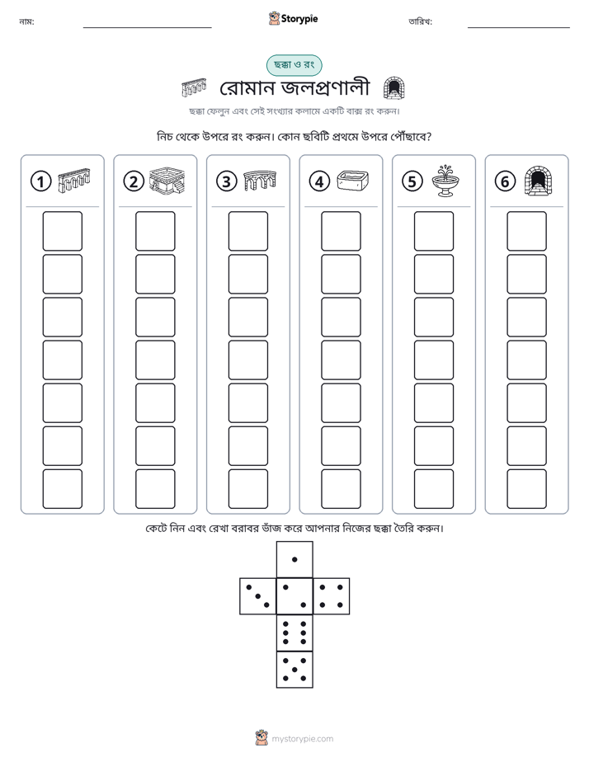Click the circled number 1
(40, 181)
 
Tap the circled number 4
(319, 181)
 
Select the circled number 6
(505, 181)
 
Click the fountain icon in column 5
(445, 181)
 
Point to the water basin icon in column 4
(353, 181)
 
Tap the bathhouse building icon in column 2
(167, 181)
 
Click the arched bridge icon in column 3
(260, 181)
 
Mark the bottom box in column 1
(62, 489)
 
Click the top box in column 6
(527, 231)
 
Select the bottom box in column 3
(247, 489)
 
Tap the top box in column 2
(155, 231)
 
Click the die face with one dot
(294, 559)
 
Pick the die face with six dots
(294, 633)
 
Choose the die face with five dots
(294, 669)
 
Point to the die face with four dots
(332, 596)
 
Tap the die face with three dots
(258, 596)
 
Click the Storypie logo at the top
(293, 18)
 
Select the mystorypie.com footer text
(302, 739)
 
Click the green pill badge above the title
(294, 65)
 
